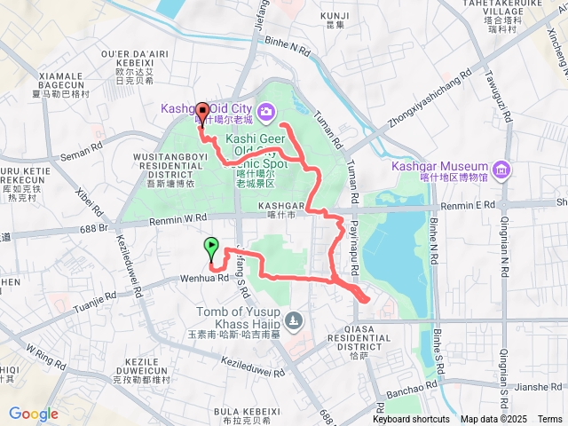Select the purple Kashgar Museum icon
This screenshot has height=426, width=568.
[501, 168]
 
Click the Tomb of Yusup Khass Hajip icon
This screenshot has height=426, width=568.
[295, 319]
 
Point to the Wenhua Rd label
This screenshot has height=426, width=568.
[205, 277]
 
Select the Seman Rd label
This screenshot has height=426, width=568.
[83, 156]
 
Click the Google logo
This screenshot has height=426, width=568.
[34, 414]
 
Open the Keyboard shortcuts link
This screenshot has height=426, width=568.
[411, 419]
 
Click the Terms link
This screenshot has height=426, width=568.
[549, 419]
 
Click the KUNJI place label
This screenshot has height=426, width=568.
[335, 16]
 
